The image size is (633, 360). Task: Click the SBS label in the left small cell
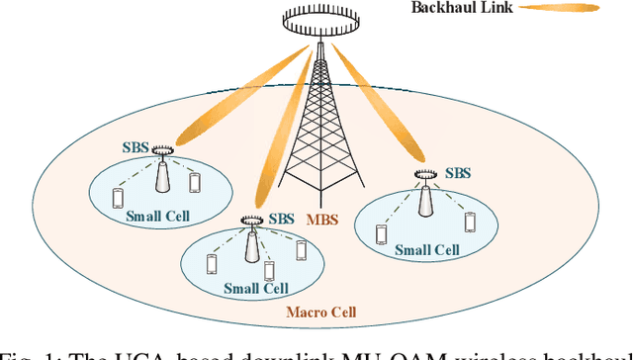click(x=135, y=147)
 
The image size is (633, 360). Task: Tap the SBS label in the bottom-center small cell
click(x=282, y=219)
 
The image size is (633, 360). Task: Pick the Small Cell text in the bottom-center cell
click(x=255, y=289)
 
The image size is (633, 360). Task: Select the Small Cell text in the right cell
click(x=427, y=250)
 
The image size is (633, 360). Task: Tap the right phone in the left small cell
click(x=194, y=183)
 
